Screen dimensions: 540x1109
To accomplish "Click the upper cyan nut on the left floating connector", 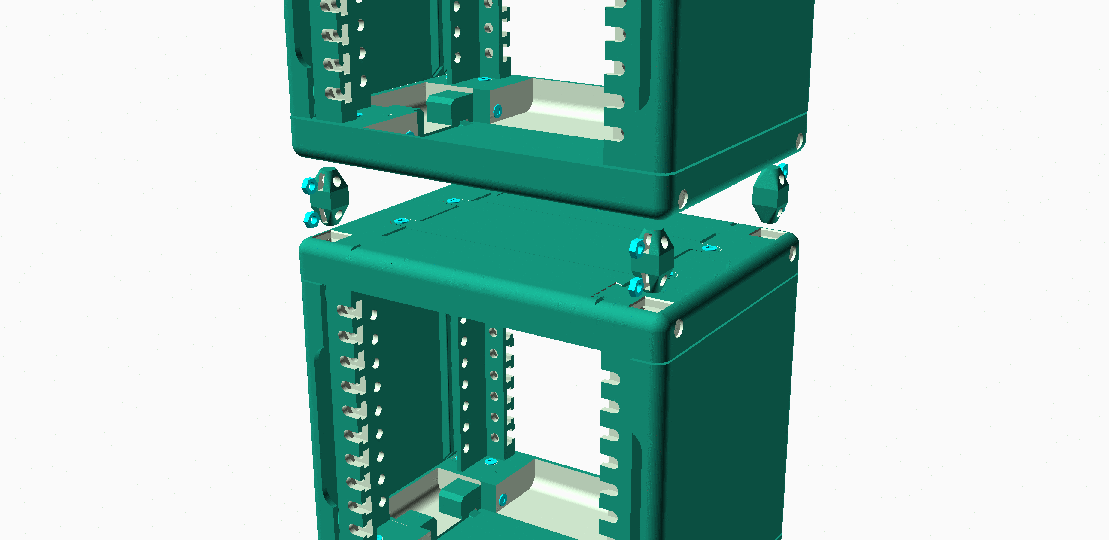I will click(x=309, y=185).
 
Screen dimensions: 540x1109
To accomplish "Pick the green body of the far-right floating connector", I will click(x=768, y=198).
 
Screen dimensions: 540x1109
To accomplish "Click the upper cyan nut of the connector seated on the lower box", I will click(x=636, y=248).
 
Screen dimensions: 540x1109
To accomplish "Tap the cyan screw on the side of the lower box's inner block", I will click(x=502, y=499).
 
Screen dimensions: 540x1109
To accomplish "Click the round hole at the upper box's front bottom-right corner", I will click(x=682, y=199).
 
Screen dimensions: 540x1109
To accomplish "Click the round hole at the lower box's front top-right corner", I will click(x=679, y=328).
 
